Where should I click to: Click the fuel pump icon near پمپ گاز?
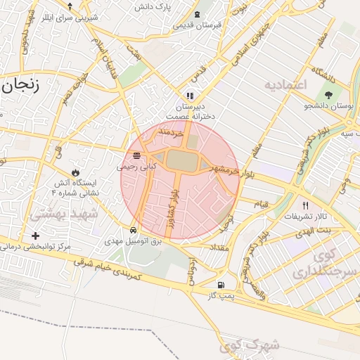pos(221,285)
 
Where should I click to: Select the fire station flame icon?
pos(75,172)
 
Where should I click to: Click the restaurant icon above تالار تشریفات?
pos(305,206)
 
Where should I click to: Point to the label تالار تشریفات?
pos(305,217)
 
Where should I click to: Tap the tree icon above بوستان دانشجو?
pos(328,95)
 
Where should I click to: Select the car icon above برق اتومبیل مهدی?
pos(134,230)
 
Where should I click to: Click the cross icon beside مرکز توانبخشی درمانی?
pos(35,236)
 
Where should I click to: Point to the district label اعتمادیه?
pos(286,85)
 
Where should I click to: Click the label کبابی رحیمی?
pos(133,167)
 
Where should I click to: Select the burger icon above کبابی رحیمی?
pos(135,155)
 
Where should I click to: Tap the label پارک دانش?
pos(154,8)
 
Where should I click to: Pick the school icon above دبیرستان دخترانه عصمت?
pos(189,95)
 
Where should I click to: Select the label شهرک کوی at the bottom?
pos(249,345)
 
